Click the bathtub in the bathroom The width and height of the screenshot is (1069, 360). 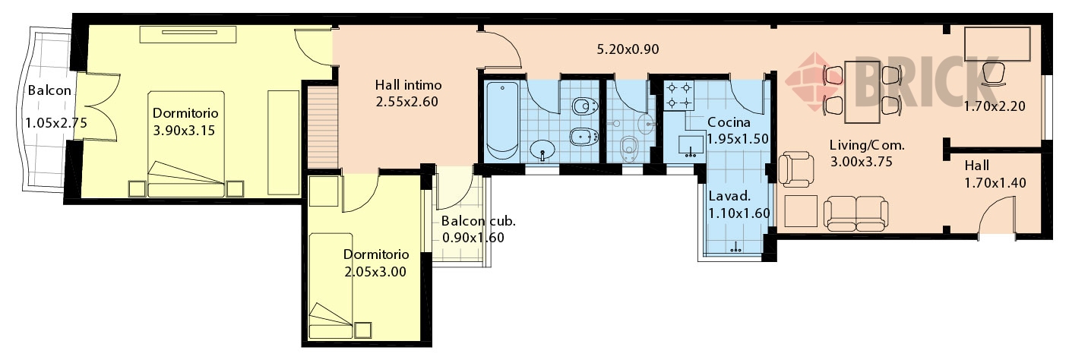(x=502, y=122)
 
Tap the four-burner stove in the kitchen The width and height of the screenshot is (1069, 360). (x=678, y=96)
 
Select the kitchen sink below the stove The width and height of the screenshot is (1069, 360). (x=691, y=146)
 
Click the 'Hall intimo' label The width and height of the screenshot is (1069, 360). (x=408, y=85)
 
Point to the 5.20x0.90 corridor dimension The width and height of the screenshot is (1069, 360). (x=628, y=49)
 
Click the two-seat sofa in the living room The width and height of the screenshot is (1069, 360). (x=856, y=213)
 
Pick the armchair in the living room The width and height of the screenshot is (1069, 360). (x=796, y=169)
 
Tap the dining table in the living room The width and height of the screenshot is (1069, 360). (x=862, y=92)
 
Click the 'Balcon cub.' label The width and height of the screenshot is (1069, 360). (x=478, y=221)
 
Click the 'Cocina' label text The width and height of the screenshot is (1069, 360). (x=729, y=122)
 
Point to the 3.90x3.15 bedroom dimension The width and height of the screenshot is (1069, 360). (x=184, y=130)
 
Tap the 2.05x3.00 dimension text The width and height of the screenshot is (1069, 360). (x=375, y=272)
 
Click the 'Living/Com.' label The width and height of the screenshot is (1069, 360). (x=867, y=145)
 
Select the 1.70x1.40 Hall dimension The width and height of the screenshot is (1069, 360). (x=995, y=182)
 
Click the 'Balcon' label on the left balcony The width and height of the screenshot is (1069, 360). (x=49, y=90)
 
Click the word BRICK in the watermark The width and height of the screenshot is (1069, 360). (x=926, y=81)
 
